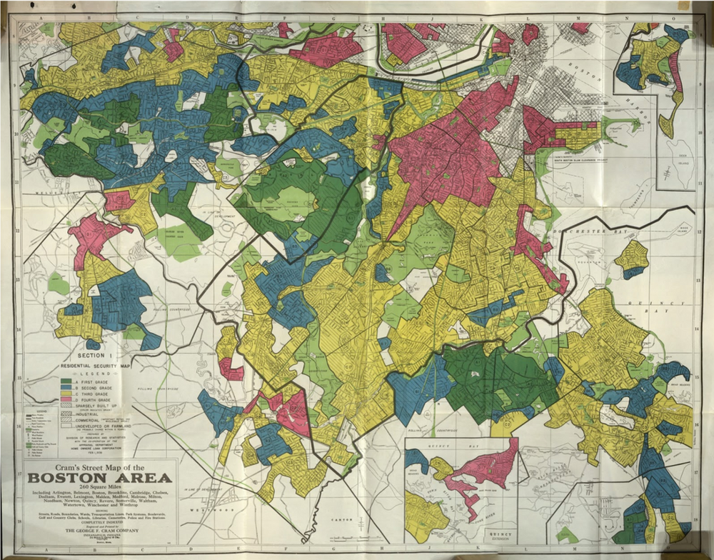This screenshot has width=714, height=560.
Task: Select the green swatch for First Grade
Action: (x=66, y=381)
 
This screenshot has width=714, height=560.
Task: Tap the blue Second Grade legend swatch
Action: (x=66, y=387)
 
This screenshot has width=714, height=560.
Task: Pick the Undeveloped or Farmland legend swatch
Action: (x=66, y=426)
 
